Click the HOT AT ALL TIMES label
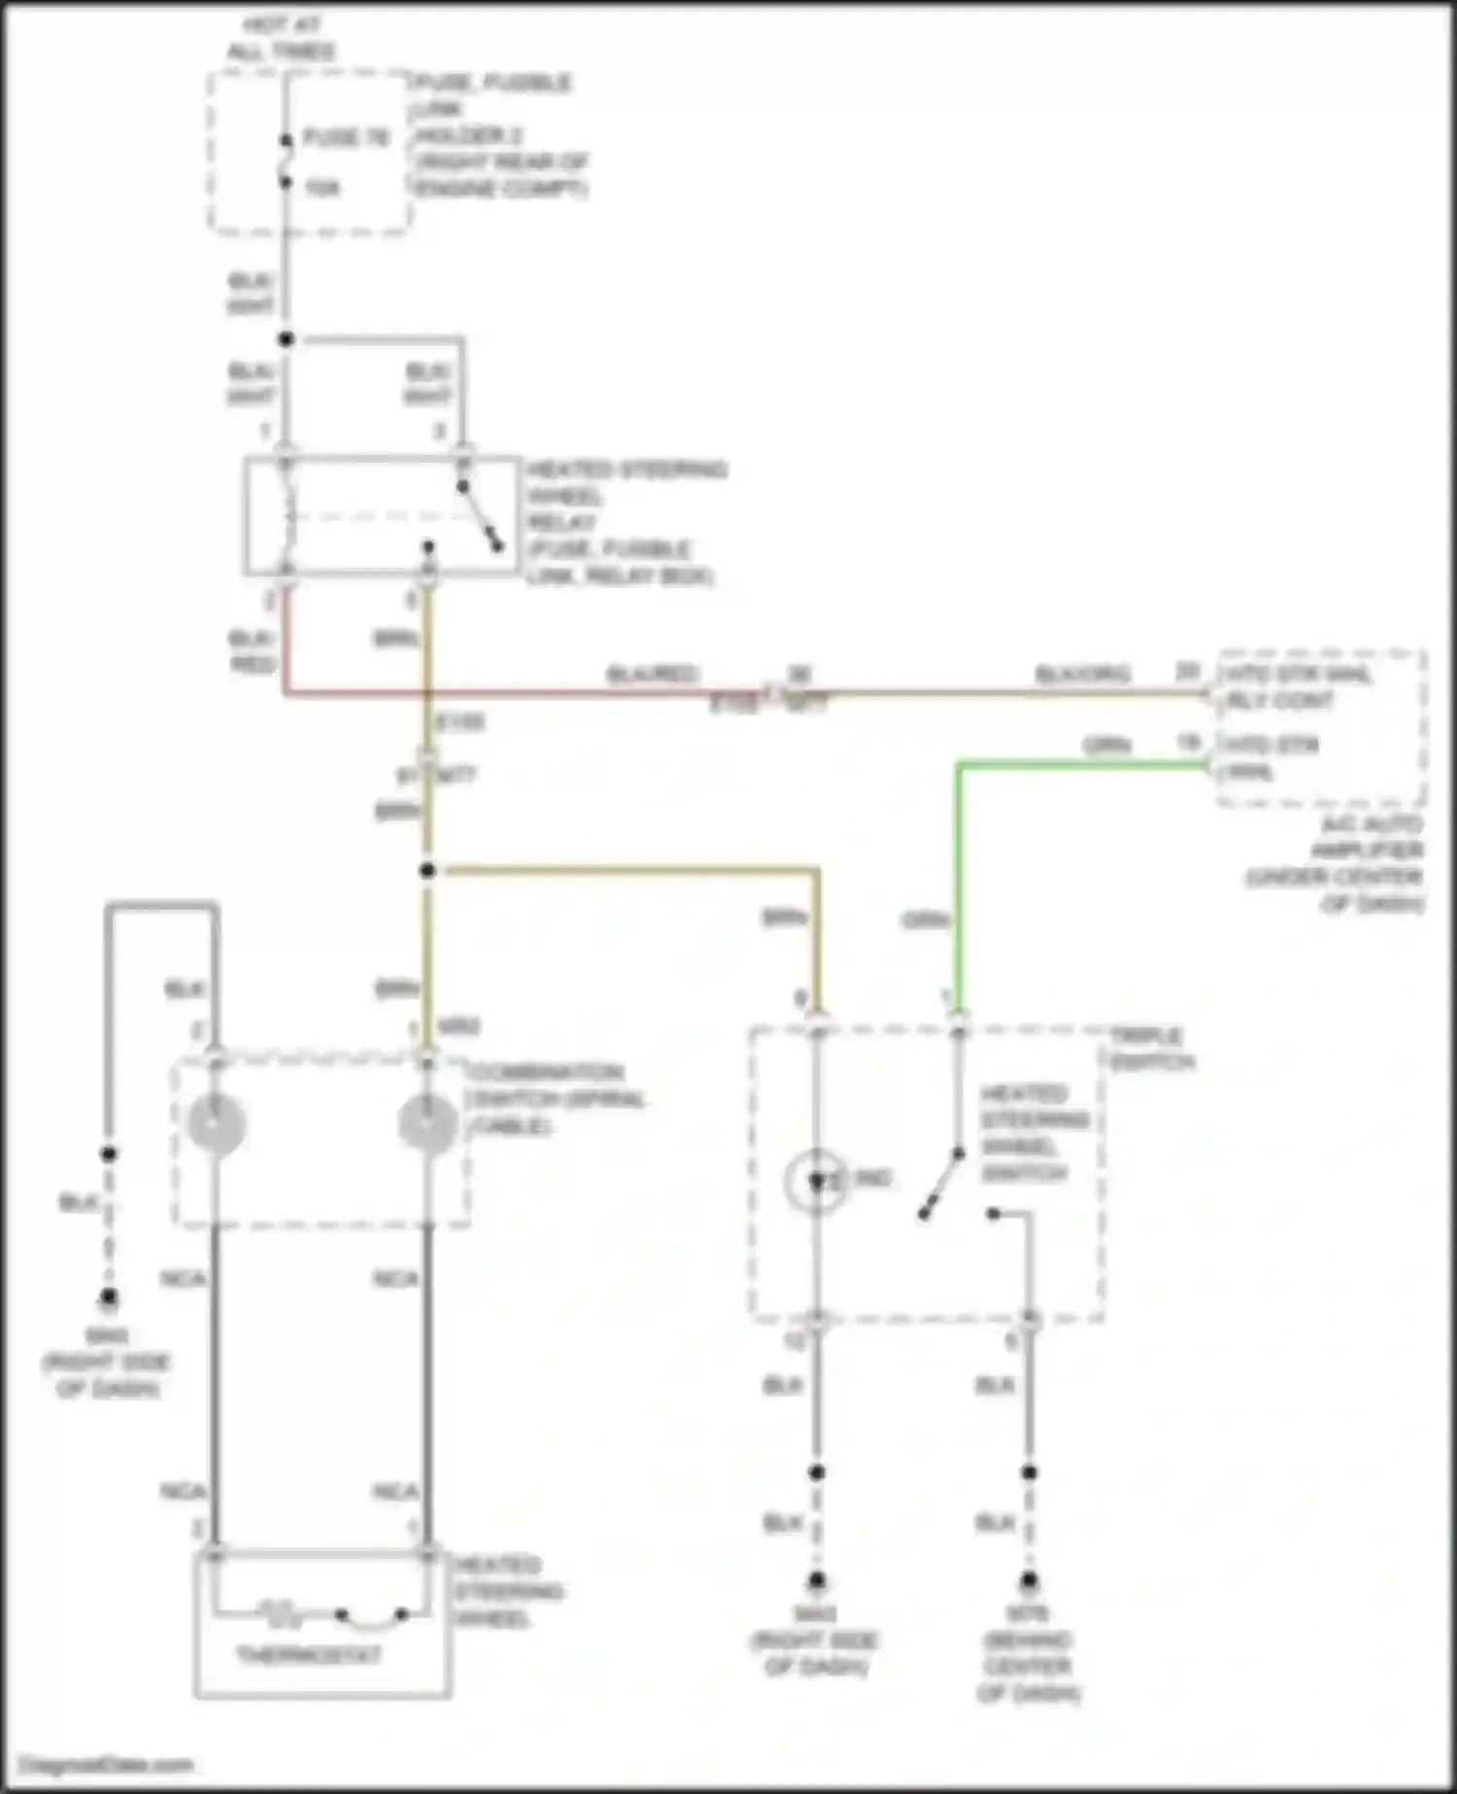pyautogui.click(x=281, y=38)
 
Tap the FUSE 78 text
pyautogui.click(x=347, y=137)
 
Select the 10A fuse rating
pyautogui.click(x=322, y=188)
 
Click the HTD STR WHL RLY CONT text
pyautogui.click(x=1298, y=687)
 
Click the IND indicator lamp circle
pyautogui.click(x=816, y=1181)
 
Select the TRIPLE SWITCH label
pyautogui.click(x=1152, y=1048)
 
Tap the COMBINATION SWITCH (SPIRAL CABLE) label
pyautogui.click(x=554, y=1099)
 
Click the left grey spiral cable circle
pyautogui.click(x=216, y=1123)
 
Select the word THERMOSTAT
pyautogui.click(x=309, y=1654)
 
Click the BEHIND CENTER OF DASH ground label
pyautogui.click(x=1029, y=1667)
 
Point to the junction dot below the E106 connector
pyautogui.click(x=427, y=870)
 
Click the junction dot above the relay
pyautogui.click(x=286, y=339)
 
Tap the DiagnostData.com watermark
pyautogui.click(x=107, y=1765)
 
